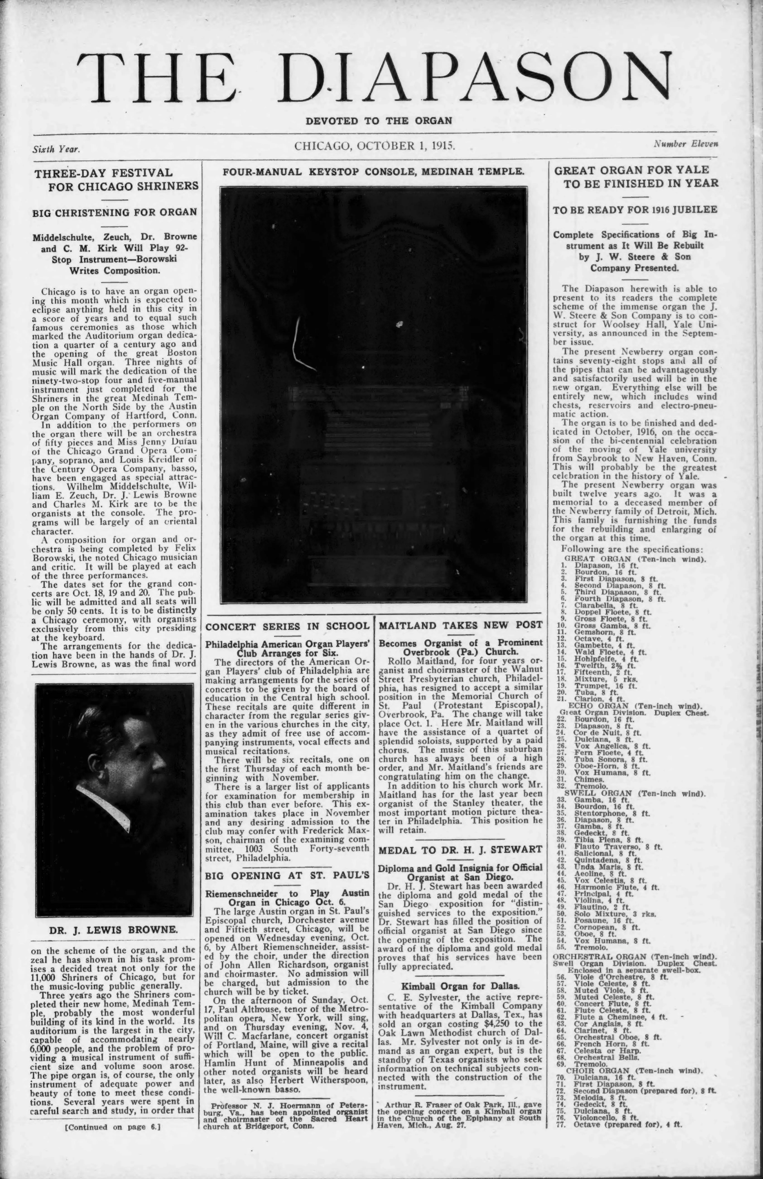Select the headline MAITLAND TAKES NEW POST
461,625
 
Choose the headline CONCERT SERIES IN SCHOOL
287,626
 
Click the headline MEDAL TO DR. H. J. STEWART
460,850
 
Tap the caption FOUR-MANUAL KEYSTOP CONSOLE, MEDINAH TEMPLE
373,172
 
